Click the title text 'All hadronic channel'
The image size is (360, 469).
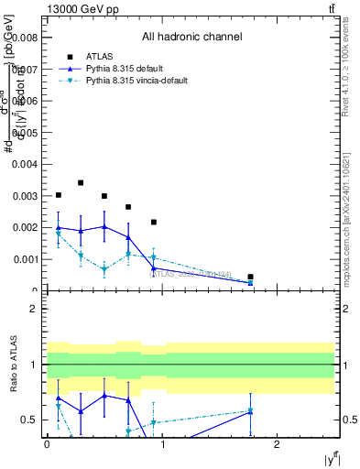(191, 38)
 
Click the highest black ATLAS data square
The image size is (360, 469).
(81, 182)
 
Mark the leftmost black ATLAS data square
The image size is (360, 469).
(59, 195)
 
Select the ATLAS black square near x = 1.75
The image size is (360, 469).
(250, 277)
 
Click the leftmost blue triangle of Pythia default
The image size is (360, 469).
(59, 227)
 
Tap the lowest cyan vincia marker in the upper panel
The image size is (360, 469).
(250, 283)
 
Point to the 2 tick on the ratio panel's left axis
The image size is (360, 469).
(33, 309)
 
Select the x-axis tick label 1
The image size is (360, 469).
(162, 445)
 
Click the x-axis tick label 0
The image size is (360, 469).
(47, 445)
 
